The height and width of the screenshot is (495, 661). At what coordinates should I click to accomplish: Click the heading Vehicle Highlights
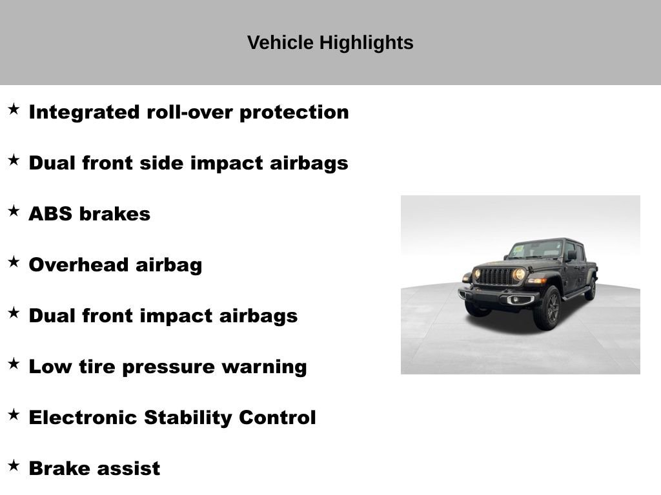tap(330, 43)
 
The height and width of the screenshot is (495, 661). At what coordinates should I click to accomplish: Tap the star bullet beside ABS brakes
tap(14, 211)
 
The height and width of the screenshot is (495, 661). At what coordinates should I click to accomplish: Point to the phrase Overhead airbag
tap(116, 265)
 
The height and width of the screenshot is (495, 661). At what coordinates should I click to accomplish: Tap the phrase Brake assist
tap(94, 469)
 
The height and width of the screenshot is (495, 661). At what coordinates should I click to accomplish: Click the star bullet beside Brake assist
tap(14, 465)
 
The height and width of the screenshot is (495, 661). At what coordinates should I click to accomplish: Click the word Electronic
tap(83, 418)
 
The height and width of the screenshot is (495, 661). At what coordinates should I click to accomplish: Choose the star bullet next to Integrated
tap(14, 109)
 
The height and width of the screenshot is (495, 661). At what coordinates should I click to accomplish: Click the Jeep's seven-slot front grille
tap(497, 277)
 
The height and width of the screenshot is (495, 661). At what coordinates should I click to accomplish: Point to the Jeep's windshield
tap(535, 249)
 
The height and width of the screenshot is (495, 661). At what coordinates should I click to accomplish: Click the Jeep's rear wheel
tap(590, 289)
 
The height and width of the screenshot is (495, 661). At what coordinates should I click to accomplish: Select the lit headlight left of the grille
tap(477, 274)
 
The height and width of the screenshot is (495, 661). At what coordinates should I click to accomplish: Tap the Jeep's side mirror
tap(571, 255)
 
